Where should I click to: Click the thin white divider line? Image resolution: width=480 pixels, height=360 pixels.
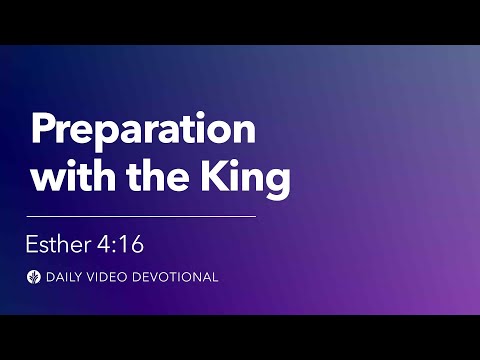click(141, 215)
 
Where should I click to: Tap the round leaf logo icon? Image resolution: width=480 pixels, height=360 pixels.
click(34, 277)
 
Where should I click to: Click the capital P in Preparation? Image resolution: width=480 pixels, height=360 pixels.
click(42, 131)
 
